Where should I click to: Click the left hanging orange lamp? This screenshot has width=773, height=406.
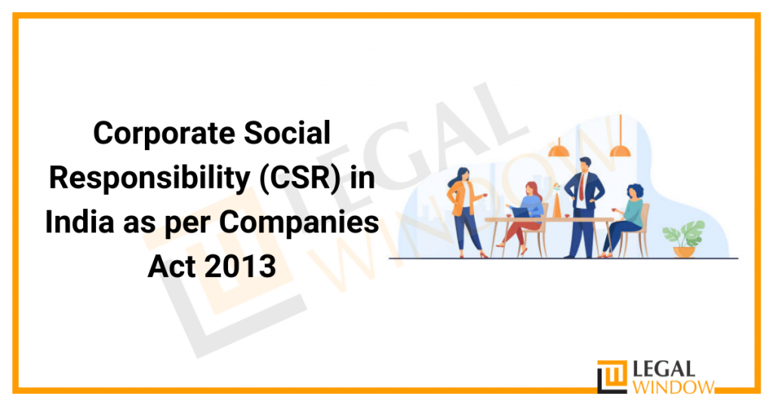(x=559, y=149)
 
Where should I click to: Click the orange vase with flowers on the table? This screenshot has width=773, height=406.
(x=558, y=205)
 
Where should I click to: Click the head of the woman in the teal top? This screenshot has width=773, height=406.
(x=636, y=192)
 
